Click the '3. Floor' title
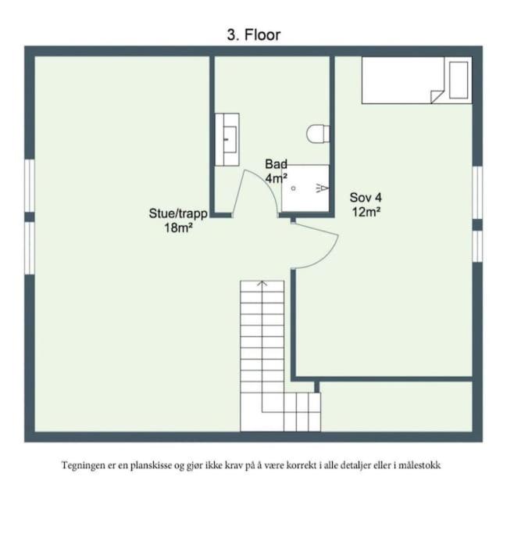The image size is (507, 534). (253, 34)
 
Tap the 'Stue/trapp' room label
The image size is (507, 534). (178, 213)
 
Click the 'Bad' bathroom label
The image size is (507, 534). (276, 164)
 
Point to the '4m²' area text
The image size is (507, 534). (276, 177)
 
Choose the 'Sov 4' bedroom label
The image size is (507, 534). (366, 197)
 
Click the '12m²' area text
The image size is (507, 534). (366, 212)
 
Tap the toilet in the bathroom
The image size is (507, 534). (318, 134)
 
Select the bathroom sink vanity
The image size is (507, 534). (227, 140)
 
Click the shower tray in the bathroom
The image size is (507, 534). (305, 188)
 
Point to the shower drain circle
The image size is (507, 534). (293, 188)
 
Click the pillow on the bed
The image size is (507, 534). (459, 80)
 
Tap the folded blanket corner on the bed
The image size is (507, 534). (437, 96)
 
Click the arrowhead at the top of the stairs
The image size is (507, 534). (262, 283)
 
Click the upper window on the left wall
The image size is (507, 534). (30, 185)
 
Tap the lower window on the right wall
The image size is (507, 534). (477, 246)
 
